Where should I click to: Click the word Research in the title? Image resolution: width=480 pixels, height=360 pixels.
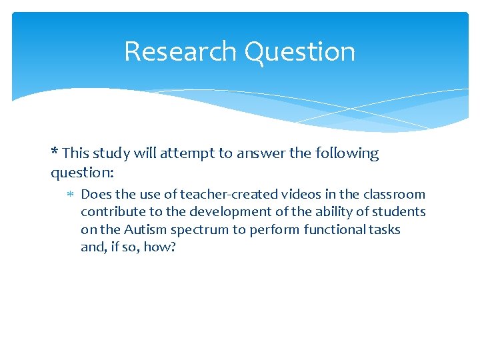coord(180,52)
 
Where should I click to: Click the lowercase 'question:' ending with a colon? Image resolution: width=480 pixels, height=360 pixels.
coord(83,173)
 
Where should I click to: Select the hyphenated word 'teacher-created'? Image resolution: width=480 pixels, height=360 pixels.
coord(217,195)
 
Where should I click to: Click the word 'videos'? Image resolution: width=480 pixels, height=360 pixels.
coord(295,195)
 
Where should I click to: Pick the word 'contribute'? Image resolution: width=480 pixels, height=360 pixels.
coord(111,212)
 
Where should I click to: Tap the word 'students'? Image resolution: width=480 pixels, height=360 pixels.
coord(399,212)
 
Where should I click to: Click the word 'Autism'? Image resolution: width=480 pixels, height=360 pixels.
coord(149,229)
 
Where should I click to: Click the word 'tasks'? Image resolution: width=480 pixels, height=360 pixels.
coord(385,229)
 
